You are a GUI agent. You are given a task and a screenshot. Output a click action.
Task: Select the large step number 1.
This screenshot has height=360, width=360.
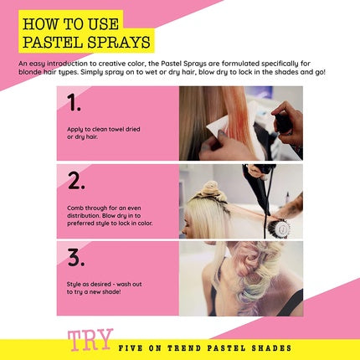click(x=74, y=103)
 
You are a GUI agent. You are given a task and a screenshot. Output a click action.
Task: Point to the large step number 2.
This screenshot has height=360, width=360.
click(x=76, y=181)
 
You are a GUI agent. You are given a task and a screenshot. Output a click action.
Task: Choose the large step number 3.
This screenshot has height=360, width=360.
click(x=76, y=257)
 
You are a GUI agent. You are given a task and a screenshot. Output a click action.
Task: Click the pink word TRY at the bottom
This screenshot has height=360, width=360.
click(x=90, y=340)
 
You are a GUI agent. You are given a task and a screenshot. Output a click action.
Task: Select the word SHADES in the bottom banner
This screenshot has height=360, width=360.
click(x=271, y=348)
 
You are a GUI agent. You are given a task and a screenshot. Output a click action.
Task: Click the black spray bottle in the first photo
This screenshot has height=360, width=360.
click(x=284, y=123)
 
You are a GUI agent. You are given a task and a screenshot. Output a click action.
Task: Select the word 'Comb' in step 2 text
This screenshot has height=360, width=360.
click(x=75, y=208)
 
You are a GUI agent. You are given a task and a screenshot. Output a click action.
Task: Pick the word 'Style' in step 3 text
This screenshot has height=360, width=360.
click(x=74, y=285)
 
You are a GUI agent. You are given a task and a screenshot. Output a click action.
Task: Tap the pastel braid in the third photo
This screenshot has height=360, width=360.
click(x=251, y=276)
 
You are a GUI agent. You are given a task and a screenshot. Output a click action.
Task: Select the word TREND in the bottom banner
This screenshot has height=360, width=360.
click(x=184, y=348)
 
